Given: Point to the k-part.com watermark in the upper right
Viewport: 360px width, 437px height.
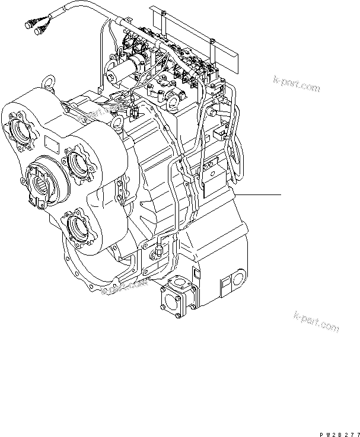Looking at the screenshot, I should pos(296,84).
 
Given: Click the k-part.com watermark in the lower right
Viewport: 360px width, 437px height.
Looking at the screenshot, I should pos(316,321).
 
